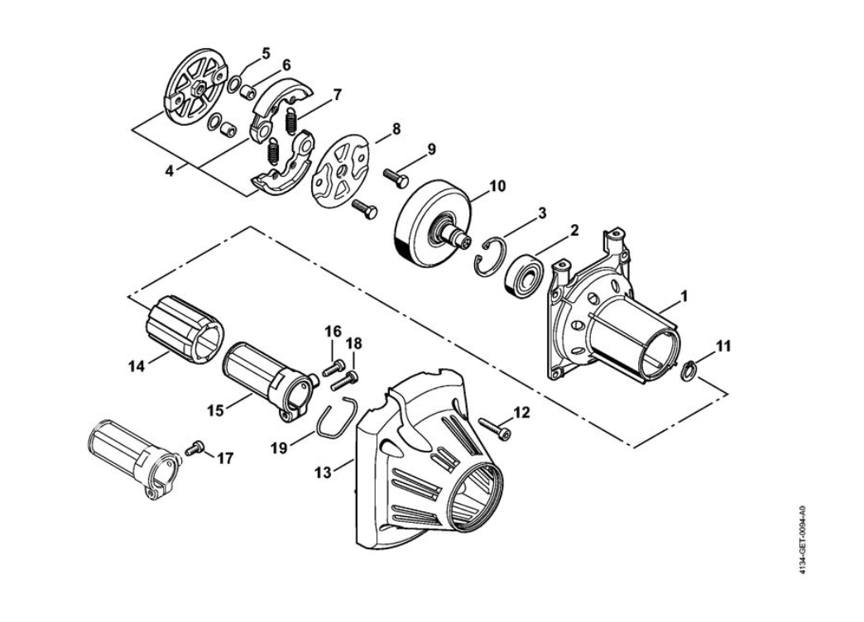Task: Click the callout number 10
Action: pos(497,186)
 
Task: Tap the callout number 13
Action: pos(324,472)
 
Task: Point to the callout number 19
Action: pos(280,448)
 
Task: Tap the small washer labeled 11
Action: pos(688,371)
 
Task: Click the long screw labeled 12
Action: pos(494,429)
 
